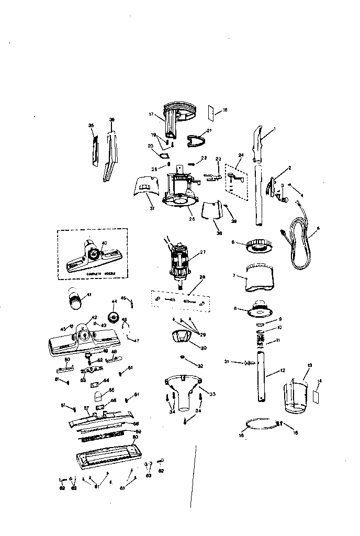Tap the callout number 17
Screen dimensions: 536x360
point(151,114)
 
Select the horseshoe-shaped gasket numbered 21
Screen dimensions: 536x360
point(196,140)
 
